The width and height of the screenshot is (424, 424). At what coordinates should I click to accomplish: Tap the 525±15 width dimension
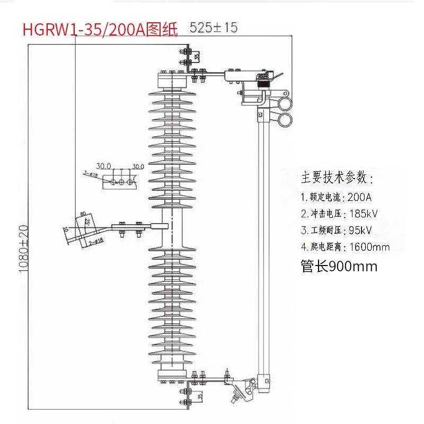[x=214, y=28]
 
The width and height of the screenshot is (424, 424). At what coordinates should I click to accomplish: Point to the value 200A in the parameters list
[x=359, y=197]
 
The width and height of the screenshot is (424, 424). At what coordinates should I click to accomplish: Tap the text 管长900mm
[x=339, y=266]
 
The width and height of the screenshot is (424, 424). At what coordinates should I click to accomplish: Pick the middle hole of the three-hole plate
[x=121, y=182]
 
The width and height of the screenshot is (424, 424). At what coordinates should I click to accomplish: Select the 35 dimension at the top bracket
[x=197, y=55]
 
